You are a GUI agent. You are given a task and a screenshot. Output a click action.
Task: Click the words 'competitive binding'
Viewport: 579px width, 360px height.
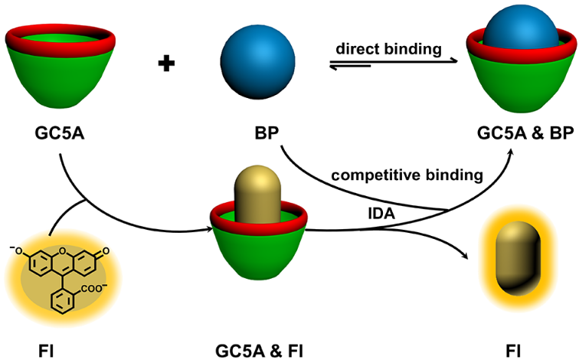tap(407, 175)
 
